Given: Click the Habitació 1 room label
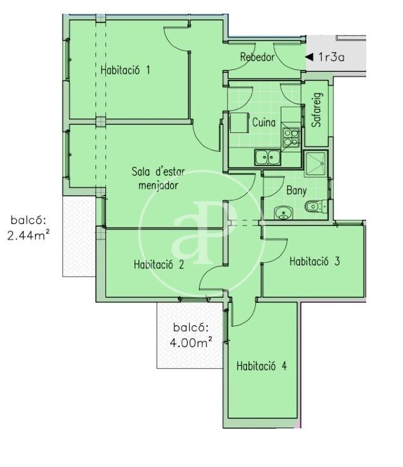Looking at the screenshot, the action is pyautogui.click(x=125, y=70).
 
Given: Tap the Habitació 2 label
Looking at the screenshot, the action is pyautogui.click(x=159, y=264).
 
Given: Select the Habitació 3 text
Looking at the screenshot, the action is pyautogui.click(x=314, y=261).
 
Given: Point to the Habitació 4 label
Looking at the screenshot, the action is pyautogui.click(x=261, y=365).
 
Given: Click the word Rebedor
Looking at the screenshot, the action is pyautogui.click(x=257, y=57).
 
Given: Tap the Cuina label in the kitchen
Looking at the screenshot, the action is pyautogui.click(x=264, y=122).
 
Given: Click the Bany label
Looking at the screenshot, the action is pyautogui.click(x=296, y=190).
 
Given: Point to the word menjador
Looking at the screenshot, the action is pyautogui.click(x=158, y=185).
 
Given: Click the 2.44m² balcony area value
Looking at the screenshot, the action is pyautogui.click(x=28, y=236).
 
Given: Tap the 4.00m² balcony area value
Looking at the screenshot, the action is pyautogui.click(x=191, y=343).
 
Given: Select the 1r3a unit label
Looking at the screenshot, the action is pyautogui.click(x=331, y=57).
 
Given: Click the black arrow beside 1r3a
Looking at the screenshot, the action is pyautogui.click(x=309, y=57).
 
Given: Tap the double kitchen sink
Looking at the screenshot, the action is pyautogui.click(x=267, y=157).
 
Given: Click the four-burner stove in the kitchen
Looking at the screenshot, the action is pyautogui.click(x=291, y=137).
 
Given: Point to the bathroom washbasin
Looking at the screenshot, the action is pyautogui.click(x=283, y=213).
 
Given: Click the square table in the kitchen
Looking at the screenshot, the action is pyautogui.click(x=239, y=122).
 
